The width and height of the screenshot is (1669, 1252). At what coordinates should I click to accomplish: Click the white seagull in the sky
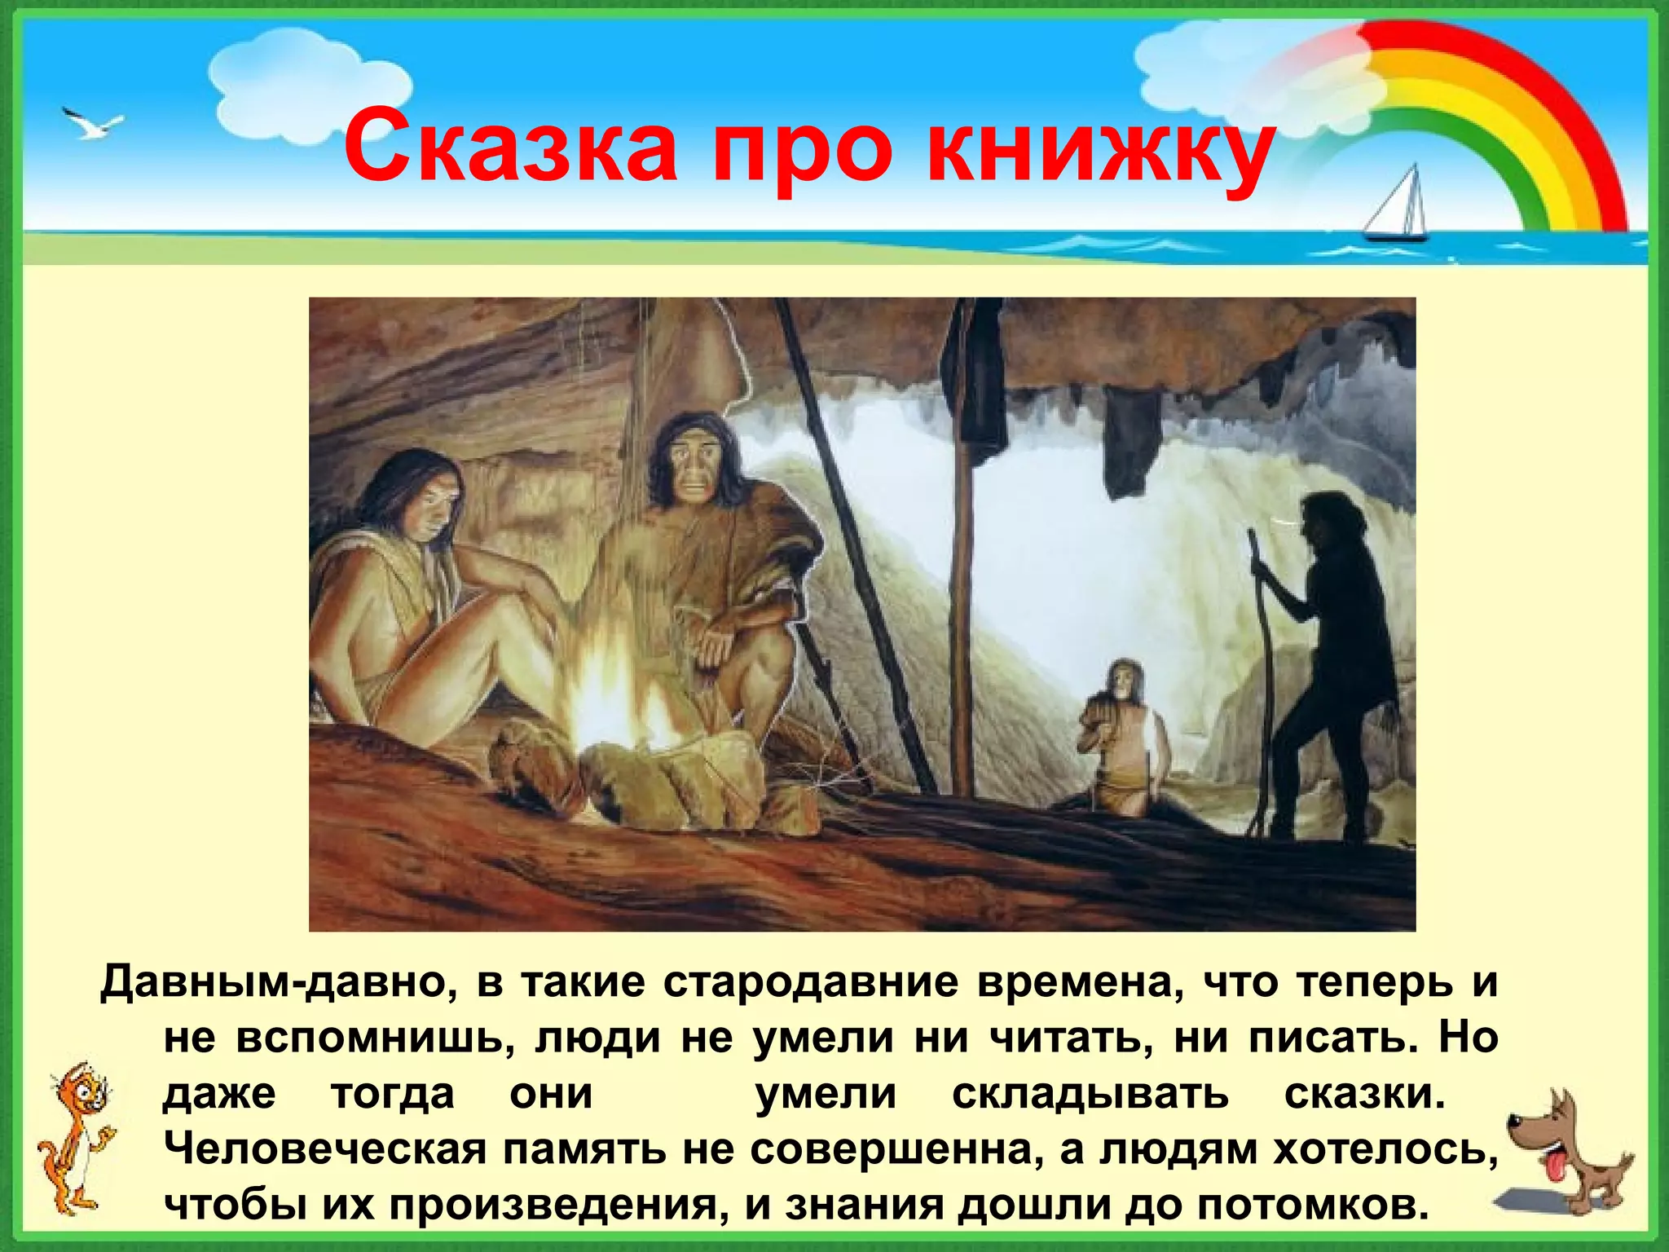(91, 123)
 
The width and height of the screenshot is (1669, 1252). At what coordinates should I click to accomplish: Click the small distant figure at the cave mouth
(1125, 734)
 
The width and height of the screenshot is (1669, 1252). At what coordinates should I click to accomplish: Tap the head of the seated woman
(424, 497)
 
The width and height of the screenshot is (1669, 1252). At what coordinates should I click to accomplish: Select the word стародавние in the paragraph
(811, 981)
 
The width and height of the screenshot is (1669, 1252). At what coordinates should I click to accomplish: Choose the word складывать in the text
(1090, 1094)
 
